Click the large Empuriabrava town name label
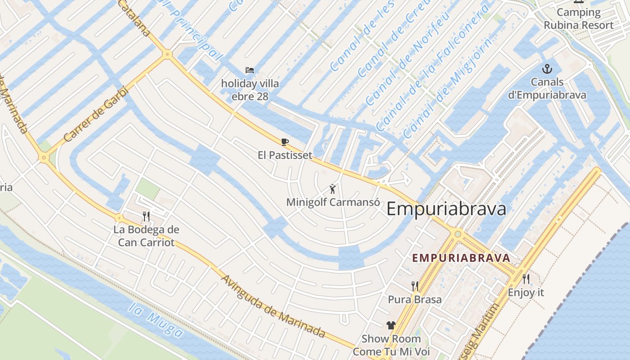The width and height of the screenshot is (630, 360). [446, 209]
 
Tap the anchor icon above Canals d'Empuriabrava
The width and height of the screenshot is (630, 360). [547, 69]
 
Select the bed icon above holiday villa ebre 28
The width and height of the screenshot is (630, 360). [250, 70]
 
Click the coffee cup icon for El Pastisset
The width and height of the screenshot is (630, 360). [284, 142]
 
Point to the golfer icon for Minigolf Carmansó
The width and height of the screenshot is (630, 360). [333, 189]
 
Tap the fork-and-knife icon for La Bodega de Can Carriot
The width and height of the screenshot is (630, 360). [146, 216]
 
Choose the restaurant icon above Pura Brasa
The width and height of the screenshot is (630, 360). [415, 286]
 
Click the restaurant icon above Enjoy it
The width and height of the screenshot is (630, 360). [526, 279]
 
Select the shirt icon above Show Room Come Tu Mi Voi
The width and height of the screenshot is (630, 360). [391, 325]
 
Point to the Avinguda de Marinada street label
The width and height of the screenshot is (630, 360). [273, 306]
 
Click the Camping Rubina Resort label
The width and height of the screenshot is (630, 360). [578, 19]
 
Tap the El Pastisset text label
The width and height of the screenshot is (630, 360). [285, 155]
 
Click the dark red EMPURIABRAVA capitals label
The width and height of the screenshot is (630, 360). [461, 258]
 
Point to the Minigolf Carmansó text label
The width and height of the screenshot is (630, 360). [333, 202]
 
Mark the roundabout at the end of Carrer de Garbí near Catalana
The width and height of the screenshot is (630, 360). [167, 54]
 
